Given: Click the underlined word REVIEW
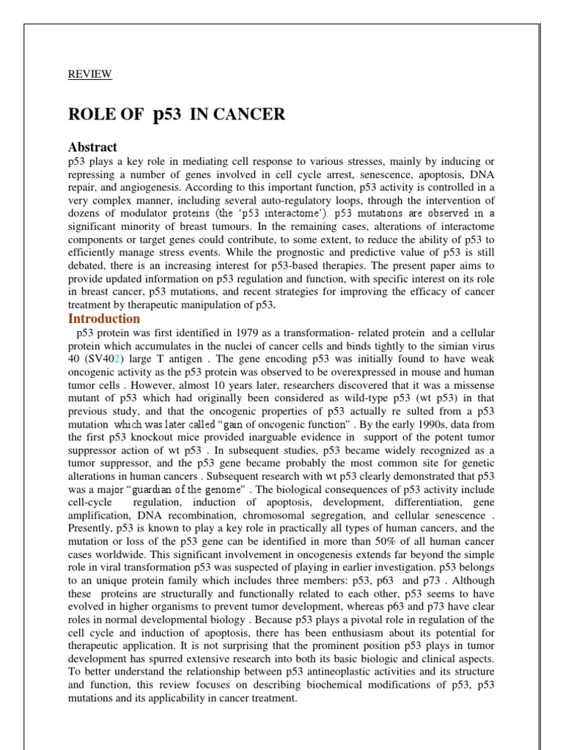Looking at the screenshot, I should click(90, 74).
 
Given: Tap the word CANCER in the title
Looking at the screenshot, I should click(248, 114).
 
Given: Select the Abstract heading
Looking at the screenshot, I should click(92, 146).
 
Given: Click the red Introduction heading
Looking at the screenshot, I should click(104, 319).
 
